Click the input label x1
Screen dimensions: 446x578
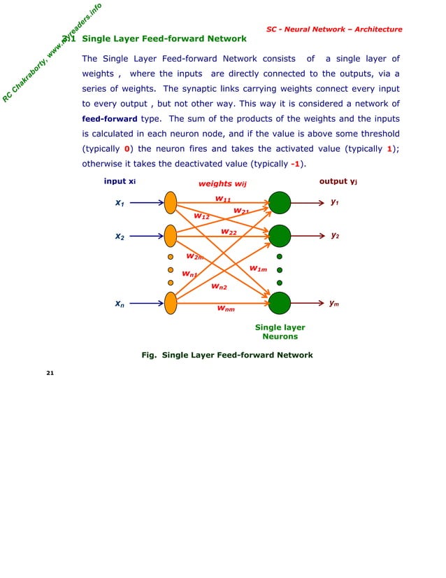(120, 203)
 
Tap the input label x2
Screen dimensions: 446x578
(120, 237)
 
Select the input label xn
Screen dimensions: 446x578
(120, 304)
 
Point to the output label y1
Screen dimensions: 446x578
(335, 202)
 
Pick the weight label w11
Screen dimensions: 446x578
(223, 199)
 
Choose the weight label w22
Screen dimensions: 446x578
(229, 232)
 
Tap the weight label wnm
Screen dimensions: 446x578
(225, 308)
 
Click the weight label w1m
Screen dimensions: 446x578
(258, 269)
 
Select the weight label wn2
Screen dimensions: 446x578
(219, 286)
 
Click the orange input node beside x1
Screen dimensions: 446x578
(171, 203)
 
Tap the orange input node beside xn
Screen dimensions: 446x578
(171, 303)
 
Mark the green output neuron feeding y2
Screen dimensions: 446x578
(279, 237)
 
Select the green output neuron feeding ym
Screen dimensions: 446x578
(279, 303)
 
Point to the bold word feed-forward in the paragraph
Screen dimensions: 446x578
(109, 119)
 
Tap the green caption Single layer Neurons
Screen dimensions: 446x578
(280, 332)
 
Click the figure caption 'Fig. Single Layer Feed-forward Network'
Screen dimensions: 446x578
(227, 355)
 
